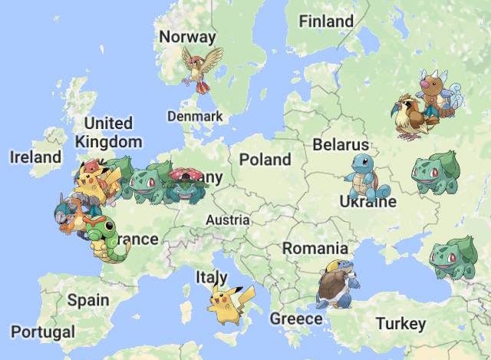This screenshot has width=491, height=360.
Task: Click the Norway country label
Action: (x=187, y=37)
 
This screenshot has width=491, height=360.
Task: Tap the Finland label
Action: (x=326, y=21)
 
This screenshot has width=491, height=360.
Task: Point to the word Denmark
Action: (x=195, y=117)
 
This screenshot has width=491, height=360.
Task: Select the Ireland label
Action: (x=35, y=157)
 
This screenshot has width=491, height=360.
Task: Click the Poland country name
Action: (x=265, y=160)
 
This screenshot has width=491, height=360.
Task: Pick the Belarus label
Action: (x=341, y=144)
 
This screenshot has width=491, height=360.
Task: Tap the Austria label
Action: (x=228, y=220)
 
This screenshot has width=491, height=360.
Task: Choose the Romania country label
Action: (x=315, y=249)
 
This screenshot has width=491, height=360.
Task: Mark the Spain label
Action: (x=87, y=299)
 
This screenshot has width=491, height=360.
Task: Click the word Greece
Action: (x=296, y=318)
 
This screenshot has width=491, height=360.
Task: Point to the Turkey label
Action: (x=400, y=324)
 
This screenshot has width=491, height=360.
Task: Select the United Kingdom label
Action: (x=108, y=132)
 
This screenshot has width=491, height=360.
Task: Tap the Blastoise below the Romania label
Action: (x=337, y=284)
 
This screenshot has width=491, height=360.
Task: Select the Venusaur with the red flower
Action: (x=184, y=184)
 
